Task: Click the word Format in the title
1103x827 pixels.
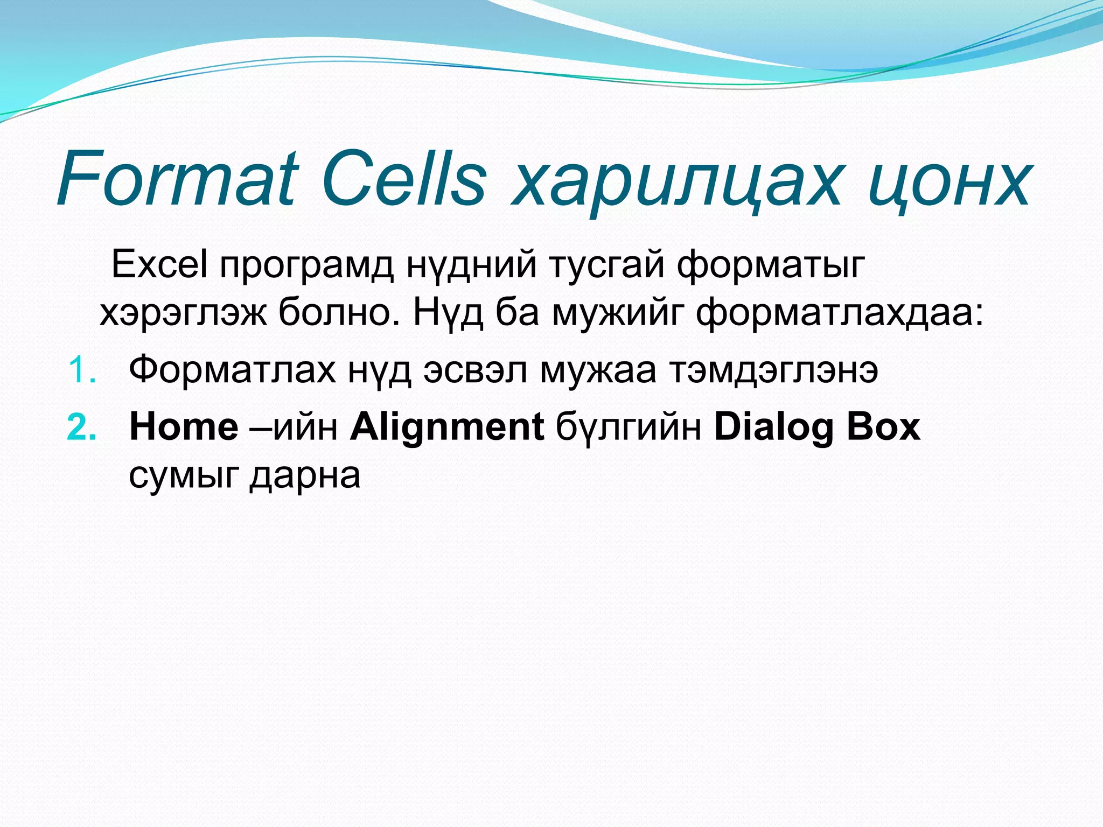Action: click(x=178, y=179)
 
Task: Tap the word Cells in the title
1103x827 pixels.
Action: click(x=405, y=179)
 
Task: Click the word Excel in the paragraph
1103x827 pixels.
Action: click(x=159, y=264)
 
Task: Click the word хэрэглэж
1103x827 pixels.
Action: click(x=183, y=314)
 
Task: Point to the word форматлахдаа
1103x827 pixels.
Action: click(x=840, y=314)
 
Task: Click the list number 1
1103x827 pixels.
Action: click(x=82, y=372)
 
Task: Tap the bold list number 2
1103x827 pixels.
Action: click(x=82, y=428)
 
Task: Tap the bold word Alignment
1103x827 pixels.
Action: click(x=446, y=428)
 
